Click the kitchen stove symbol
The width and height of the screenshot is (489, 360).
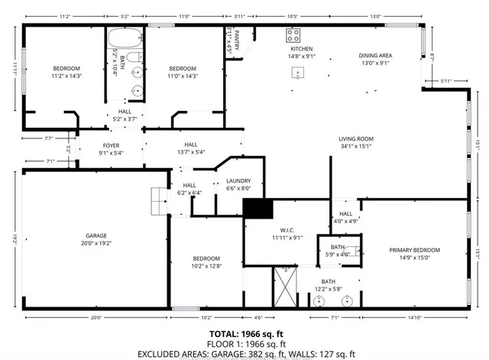pyautogui.click(x=293, y=35)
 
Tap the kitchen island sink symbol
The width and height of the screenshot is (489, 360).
pyautogui.click(x=297, y=73)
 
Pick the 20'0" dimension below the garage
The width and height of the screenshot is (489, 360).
pyautogui.click(x=96, y=318)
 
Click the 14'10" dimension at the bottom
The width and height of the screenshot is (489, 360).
pyautogui.click(x=415, y=318)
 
